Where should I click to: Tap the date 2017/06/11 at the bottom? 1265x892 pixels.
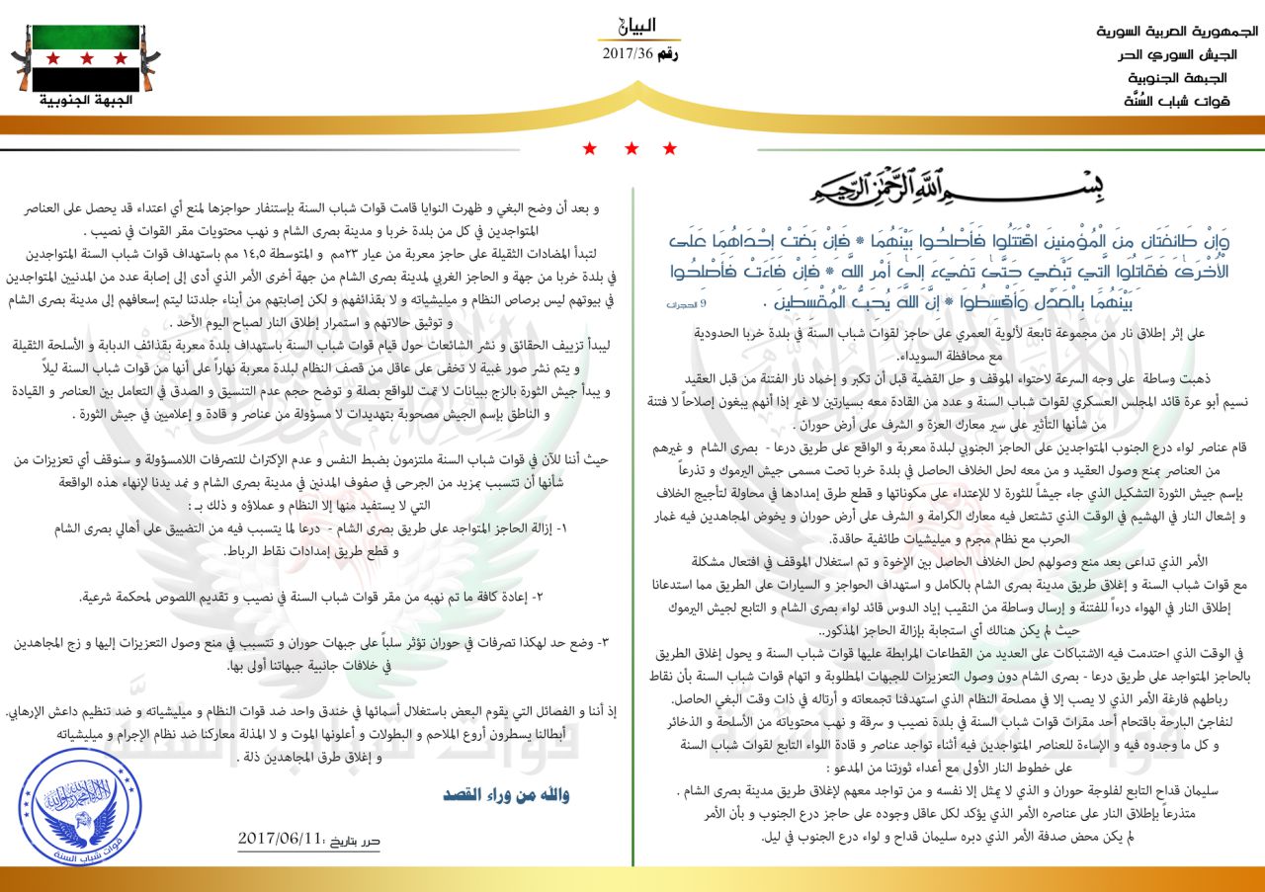[x=281, y=839]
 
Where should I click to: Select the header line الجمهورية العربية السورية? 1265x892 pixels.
[x=1176, y=31]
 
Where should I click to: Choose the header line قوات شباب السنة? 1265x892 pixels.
[x=1177, y=100]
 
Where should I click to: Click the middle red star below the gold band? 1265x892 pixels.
[x=632, y=149]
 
